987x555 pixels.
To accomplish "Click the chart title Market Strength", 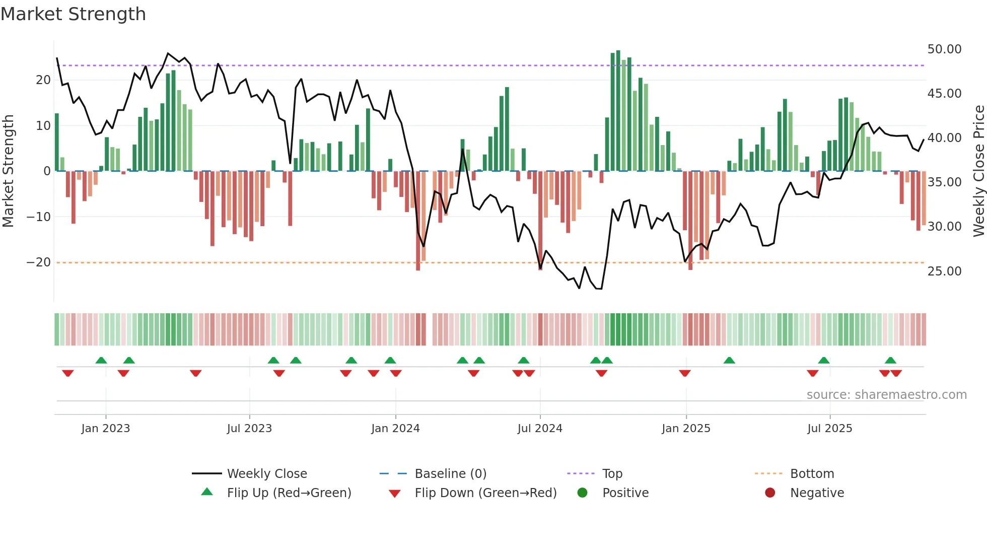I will (x=73, y=14).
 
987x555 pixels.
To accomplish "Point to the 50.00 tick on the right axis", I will (x=944, y=49).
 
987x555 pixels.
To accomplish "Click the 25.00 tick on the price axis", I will (x=944, y=271).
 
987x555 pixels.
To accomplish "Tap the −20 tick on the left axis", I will (x=38, y=262).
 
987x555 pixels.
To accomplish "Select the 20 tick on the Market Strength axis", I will (x=43, y=80).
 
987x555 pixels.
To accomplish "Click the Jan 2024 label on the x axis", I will (x=395, y=429).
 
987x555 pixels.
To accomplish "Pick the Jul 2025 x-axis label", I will (x=829, y=429).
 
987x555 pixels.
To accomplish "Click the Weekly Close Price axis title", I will (x=978, y=171).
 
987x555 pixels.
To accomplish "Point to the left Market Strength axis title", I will (x=8, y=171).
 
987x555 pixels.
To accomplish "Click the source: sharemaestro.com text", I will (x=886, y=395).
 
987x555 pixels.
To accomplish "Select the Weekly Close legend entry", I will (x=267, y=474).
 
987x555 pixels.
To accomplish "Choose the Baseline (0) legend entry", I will (x=450, y=474).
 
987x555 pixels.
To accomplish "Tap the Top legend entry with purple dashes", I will (x=612, y=474).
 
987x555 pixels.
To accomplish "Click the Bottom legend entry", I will (x=812, y=474).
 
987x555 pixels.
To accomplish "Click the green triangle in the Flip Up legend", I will (x=207, y=492).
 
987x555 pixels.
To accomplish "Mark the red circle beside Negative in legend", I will (x=770, y=493).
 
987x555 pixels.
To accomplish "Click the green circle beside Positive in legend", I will (x=582, y=493).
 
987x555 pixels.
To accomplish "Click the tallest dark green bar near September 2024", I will (x=618, y=111).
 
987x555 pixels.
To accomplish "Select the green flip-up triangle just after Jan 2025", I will (x=729, y=360).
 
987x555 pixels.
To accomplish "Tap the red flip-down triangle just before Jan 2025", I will (x=684, y=373).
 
